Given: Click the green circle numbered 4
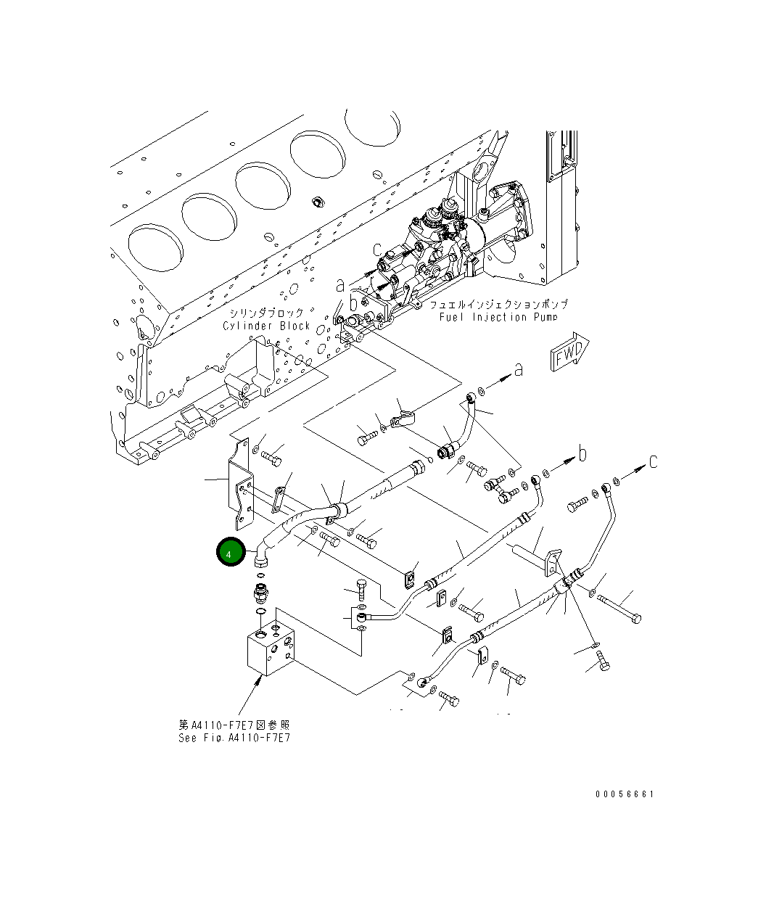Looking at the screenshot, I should pyautogui.click(x=230, y=553).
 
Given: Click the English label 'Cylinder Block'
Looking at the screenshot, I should pyautogui.click(x=266, y=326).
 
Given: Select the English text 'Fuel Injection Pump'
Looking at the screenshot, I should pyautogui.click(x=498, y=317).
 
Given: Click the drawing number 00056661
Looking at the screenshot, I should pyautogui.click(x=624, y=794).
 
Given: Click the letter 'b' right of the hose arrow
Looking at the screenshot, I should pyautogui.click(x=581, y=454).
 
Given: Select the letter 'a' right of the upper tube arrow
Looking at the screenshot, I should pyautogui.click(x=518, y=369).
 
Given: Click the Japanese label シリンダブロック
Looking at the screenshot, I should pyautogui.click(x=267, y=313).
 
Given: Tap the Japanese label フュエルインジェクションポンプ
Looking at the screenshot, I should pyautogui.click(x=498, y=305).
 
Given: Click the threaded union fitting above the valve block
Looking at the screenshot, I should pyautogui.click(x=260, y=593).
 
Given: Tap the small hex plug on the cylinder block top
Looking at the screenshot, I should pyautogui.click(x=316, y=200).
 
